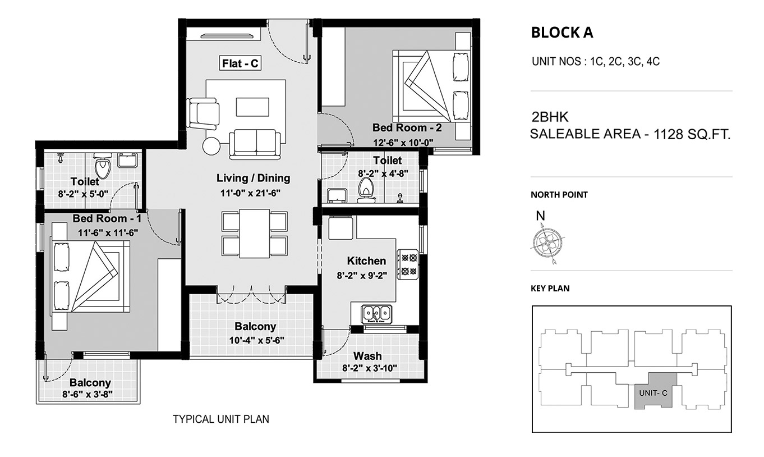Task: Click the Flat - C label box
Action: click(240, 63)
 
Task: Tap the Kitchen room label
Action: click(366, 261)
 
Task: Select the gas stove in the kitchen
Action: click(408, 265)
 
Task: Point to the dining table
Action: click(255, 234)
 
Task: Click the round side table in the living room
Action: click(211, 146)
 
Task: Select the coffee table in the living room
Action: click(252, 107)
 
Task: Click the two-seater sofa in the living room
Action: click(255, 144)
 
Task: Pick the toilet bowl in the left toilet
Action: click(102, 166)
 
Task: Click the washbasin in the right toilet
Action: click(337, 195)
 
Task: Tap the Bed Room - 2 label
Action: click(407, 127)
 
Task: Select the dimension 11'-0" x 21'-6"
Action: click(250, 193)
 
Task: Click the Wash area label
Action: click(367, 356)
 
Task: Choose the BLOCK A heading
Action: click(562, 33)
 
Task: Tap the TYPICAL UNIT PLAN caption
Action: click(221, 419)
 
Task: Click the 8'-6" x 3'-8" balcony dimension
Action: click(88, 395)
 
